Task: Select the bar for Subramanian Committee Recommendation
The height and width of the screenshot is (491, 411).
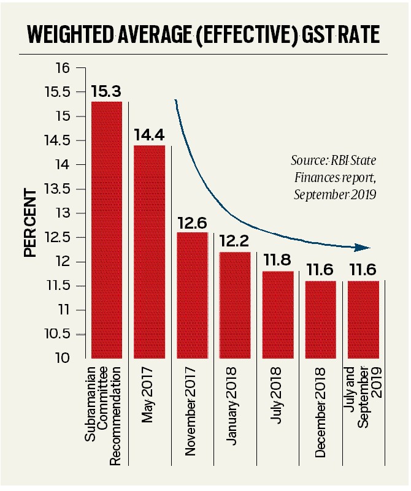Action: click(106, 230)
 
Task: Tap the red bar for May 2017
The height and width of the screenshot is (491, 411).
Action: click(149, 251)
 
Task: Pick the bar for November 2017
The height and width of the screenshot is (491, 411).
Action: click(192, 295)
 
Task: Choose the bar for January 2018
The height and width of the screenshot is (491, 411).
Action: click(234, 305)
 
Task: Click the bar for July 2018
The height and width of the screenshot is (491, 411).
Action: click(277, 314)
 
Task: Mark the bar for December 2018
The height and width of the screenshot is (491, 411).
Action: click(320, 319)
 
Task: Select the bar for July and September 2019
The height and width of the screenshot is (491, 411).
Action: click(363, 319)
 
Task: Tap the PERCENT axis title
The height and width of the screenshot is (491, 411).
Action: click(30, 223)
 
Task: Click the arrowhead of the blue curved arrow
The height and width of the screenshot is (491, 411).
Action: click(366, 248)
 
